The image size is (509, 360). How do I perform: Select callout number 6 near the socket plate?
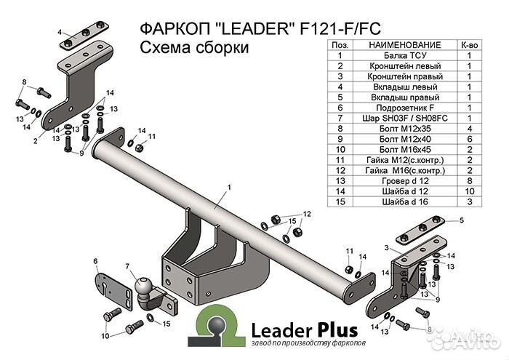point(95,260)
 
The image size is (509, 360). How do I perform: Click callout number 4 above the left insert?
point(62,31)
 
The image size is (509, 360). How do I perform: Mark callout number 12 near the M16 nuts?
point(307,214)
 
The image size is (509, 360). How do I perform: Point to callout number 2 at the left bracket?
point(34,141)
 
